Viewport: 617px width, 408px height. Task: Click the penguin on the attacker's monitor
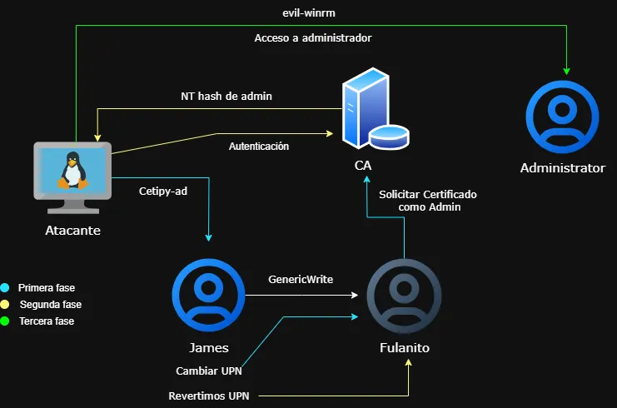pos(72,170)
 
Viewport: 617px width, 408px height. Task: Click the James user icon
pos(207,295)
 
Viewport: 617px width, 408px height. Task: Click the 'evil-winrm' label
pos(308,13)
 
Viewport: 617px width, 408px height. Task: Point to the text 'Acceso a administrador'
pos(312,38)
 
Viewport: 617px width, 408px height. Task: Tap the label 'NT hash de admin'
pos(226,97)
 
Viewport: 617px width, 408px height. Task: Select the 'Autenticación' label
pos(259,147)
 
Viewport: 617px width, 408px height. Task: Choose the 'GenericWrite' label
pos(301,280)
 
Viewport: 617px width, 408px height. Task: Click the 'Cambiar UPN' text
pos(208,371)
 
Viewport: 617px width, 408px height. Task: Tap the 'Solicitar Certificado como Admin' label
pos(427,200)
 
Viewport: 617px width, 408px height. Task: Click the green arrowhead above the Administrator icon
pos(566,68)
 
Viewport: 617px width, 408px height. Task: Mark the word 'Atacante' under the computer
pos(72,230)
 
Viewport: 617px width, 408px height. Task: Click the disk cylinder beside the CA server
pos(389,136)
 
